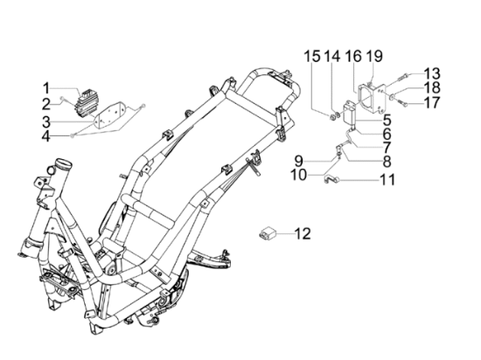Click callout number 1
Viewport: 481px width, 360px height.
(46, 88)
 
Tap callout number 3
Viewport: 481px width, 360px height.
(46, 121)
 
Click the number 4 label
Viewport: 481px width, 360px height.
(46, 136)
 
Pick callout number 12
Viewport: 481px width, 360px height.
(303, 233)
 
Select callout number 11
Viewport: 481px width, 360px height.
(387, 179)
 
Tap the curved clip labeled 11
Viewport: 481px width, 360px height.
(331, 178)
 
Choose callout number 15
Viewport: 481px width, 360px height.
(312, 57)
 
